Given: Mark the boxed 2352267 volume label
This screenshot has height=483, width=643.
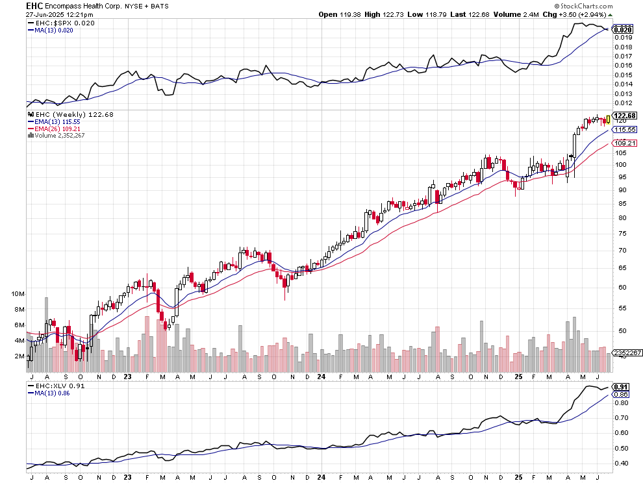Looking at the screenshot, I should click(627, 353).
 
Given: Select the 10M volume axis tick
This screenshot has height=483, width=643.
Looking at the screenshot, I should click(18, 293).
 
